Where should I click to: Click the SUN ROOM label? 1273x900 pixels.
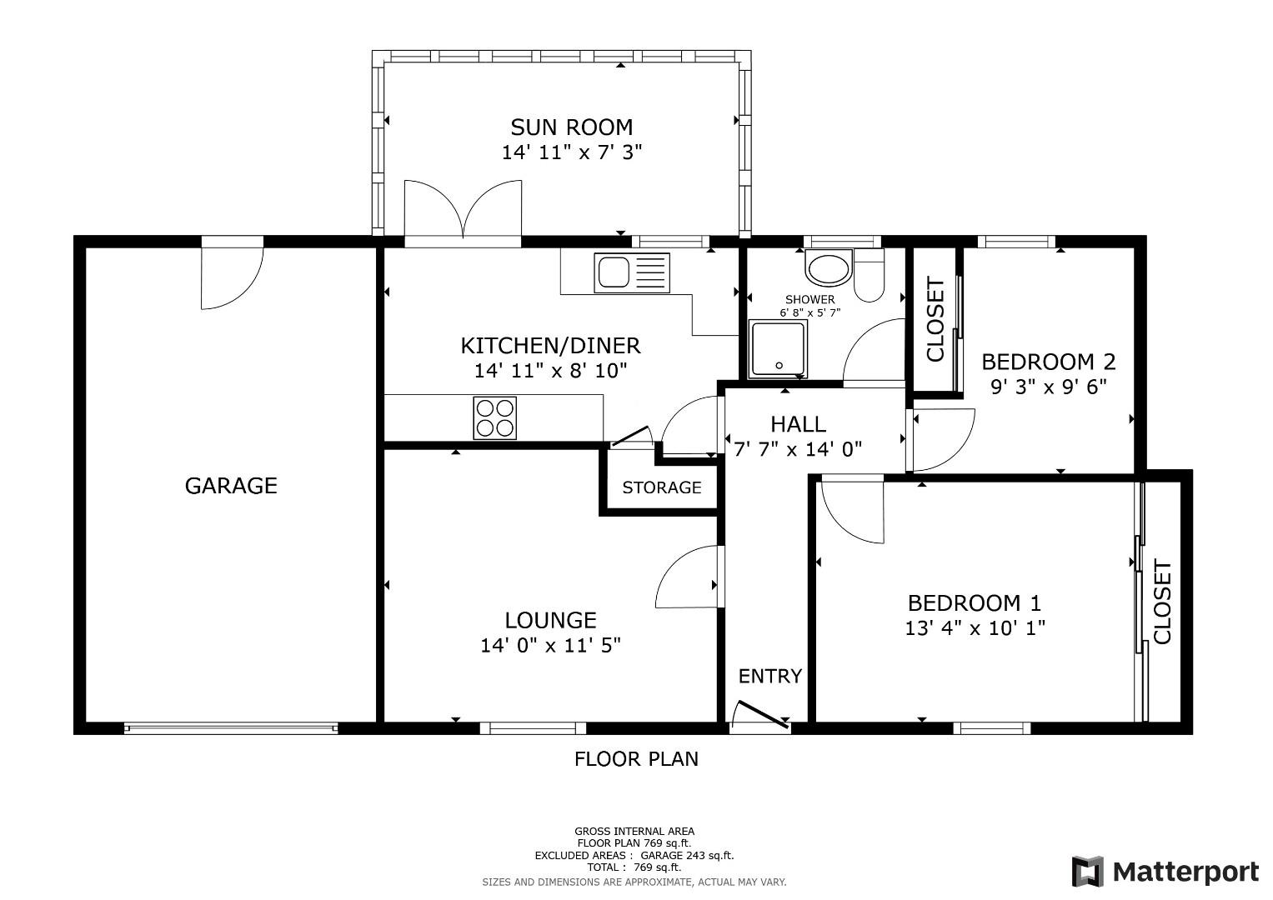(x=571, y=127)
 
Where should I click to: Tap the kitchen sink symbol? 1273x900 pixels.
(x=631, y=272)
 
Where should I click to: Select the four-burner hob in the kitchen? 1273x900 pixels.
(x=495, y=417)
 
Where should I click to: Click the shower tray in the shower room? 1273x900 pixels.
(x=777, y=348)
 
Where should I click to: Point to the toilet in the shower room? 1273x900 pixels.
(x=869, y=274)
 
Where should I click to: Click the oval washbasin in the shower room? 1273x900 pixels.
(x=828, y=270)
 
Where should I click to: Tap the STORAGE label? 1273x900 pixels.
(x=661, y=487)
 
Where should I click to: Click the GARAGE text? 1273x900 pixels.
(x=231, y=486)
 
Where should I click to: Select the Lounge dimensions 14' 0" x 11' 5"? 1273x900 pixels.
(x=550, y=645)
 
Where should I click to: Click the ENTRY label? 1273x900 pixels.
(x=770, y=676)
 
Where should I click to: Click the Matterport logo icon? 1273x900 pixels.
(x=1087, y=872)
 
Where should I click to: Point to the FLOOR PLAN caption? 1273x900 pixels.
(x=636, y=758)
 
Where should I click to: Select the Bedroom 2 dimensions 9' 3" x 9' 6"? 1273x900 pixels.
(x=1048, y=387)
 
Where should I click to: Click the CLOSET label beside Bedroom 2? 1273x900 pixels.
(x=935, y=320)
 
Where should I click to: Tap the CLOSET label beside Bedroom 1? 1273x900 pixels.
(x=1162, y=602)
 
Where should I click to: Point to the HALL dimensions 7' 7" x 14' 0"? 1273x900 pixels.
(x=798, y=449)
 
